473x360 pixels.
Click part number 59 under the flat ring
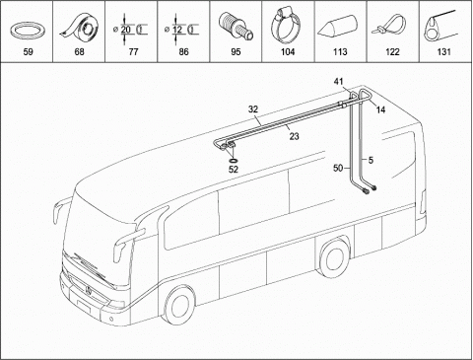click(29, 52)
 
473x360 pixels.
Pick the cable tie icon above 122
click(389, 26)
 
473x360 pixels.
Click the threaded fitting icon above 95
click(236, 27)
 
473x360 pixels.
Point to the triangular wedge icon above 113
click(337, 28)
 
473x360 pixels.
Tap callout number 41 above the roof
click(339, 81)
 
